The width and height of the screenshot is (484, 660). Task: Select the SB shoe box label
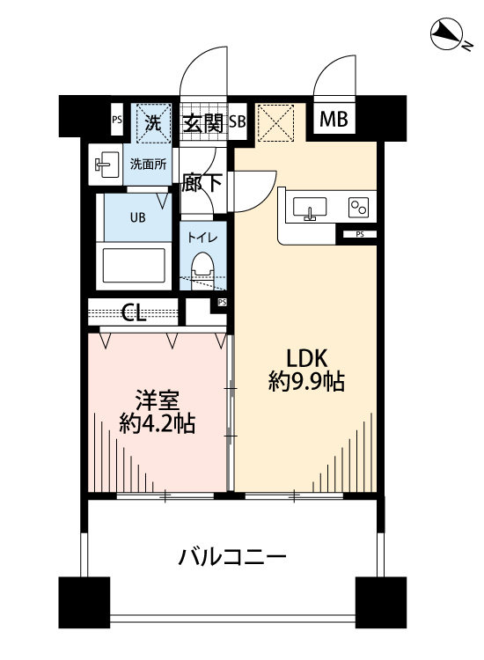pos(237,122)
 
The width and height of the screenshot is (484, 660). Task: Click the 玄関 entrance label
pos(202,123)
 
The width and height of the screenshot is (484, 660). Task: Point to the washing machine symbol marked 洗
pos(153,122)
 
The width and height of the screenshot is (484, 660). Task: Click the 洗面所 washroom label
pos(148,164)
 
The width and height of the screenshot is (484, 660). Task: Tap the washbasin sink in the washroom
pos(107,164)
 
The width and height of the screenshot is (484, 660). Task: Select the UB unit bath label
pos(139,216)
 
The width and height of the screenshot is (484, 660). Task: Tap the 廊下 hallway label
pos(202,184)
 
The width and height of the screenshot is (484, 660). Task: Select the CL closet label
pos(134,313)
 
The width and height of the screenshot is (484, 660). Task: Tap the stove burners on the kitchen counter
pos(357,208)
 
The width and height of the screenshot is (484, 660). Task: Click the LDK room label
pos(305,358)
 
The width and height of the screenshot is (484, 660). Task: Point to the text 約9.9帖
pos(305,382)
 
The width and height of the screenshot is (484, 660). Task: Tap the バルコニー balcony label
pos(232,557)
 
